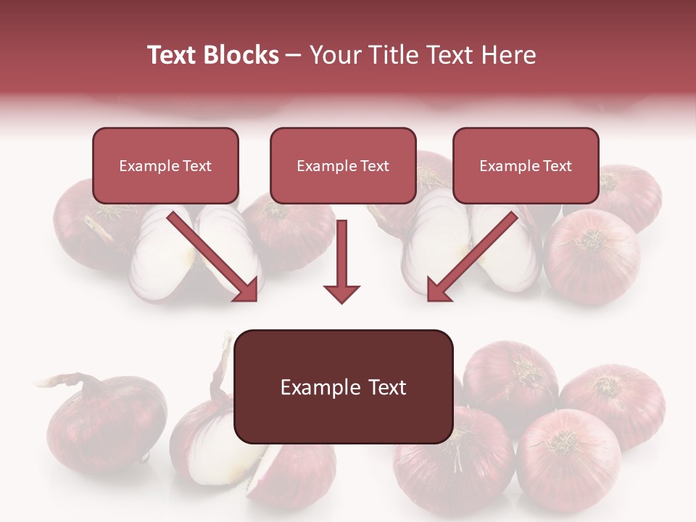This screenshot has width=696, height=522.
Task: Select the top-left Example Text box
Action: tap(165, 165)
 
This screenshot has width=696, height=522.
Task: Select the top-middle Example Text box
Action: tap(343, 165)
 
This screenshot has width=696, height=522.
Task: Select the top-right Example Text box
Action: tap(526, 165)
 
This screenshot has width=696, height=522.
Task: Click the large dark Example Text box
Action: tap(343, 386)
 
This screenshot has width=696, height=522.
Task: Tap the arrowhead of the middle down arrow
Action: tap(341, 293)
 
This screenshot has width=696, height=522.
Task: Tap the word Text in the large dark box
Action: tap(384, 387)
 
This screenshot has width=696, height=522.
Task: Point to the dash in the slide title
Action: tap(294, 55)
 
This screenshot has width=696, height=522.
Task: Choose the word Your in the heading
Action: tap(334, 55)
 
